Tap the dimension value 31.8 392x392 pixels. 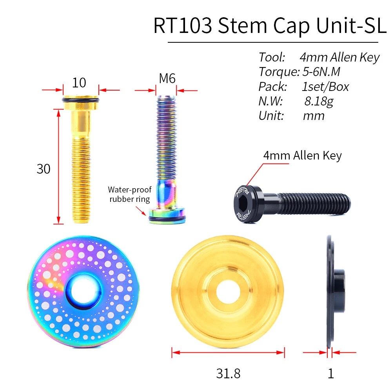[x=228, y=373]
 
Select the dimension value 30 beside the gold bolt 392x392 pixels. [x=44, y=169]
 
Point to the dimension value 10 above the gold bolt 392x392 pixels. [x=79, y=83]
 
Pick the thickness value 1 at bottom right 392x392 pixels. [x=331, y=373]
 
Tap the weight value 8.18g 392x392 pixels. [x=319, y=101]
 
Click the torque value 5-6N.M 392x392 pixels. [x=321, y=72]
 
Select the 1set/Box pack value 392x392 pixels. [x=325, y=86]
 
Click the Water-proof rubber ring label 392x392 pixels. [x=129, y=194]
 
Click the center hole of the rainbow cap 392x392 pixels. [x=83, y=292]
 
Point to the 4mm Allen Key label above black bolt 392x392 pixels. [x=302, y=156]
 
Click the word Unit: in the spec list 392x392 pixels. [x=271, y=116]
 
